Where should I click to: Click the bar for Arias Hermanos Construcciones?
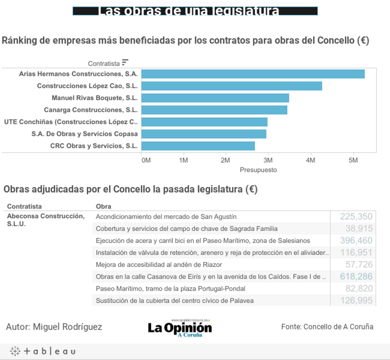coord(253,74)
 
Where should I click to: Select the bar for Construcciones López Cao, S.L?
coord(231,86)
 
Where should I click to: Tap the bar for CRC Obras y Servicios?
coord(198,146)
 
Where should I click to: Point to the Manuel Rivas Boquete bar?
coord(215,98)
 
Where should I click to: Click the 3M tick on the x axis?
coord(268,160)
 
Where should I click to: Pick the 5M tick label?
coord(353,160)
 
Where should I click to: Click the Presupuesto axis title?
coord(258,170)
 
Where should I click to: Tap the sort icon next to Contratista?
coord(125,62)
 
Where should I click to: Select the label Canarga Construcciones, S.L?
coord(91,110)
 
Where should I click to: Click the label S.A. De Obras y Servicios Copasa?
coord(84,134)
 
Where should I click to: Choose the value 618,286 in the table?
coord(356,276)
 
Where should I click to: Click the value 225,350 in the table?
coord(356,217)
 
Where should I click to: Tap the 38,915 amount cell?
coord(359,229)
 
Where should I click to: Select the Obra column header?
coord(103,206)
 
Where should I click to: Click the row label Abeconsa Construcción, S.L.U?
coord(46,220)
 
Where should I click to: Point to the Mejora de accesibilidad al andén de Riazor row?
coord(159,265)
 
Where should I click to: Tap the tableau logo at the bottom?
coord(43,351)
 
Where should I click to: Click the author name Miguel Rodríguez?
coord(67,327)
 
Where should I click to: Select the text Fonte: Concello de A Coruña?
coord(327,327)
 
